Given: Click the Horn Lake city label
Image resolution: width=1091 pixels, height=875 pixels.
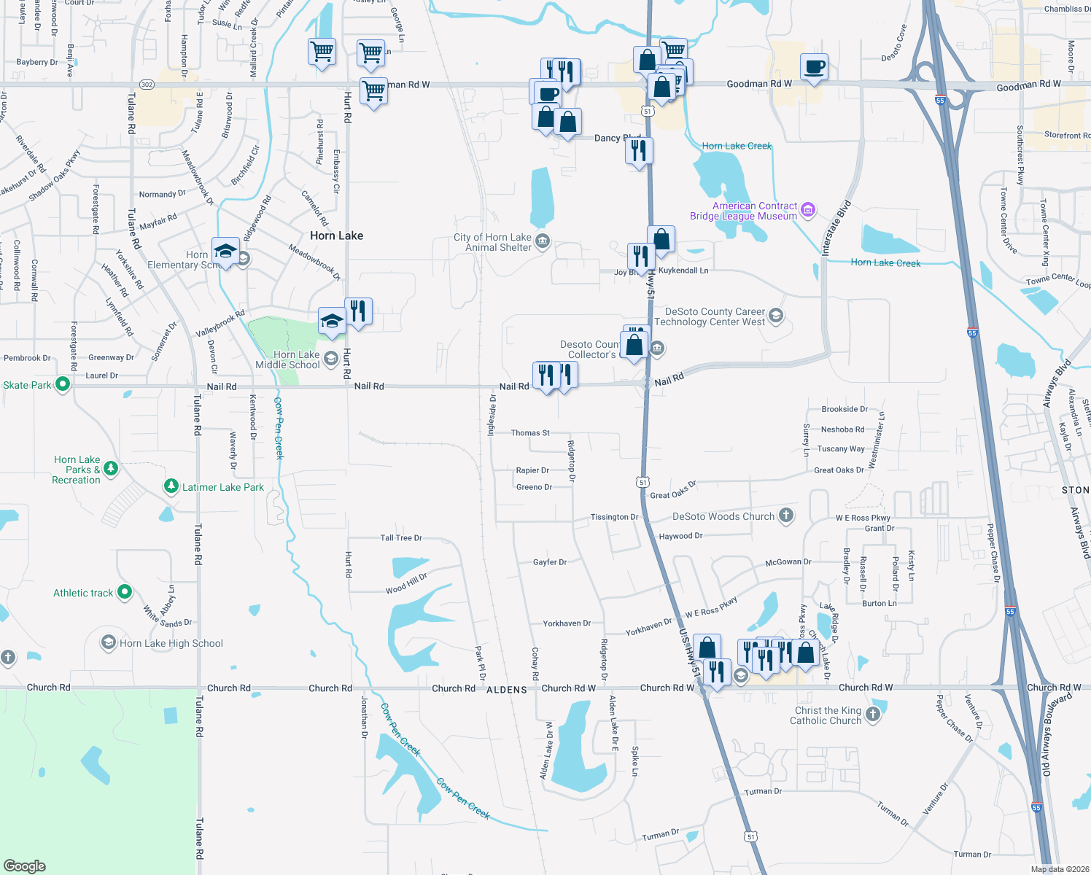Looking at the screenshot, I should [336, 236].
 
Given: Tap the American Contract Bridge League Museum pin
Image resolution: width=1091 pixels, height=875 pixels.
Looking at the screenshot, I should [807, 211].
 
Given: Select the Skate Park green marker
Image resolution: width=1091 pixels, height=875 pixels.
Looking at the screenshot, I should [63, 384].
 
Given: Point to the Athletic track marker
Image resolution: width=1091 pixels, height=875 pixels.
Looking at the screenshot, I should [125, 592].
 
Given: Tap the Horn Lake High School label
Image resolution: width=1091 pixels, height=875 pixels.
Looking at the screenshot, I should [171, 643].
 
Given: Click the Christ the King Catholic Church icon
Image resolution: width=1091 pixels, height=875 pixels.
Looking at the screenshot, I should [873, 715].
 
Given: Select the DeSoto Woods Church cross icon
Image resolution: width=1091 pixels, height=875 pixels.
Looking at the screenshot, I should [785, 516].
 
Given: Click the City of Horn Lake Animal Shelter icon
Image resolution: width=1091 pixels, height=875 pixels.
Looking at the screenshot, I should [542, 241].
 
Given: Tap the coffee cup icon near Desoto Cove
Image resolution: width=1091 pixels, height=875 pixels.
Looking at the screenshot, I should [814, 68].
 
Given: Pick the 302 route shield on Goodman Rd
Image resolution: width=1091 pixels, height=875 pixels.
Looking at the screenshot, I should [147, 85].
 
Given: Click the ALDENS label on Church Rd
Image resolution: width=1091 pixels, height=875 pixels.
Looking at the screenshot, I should [506, 690].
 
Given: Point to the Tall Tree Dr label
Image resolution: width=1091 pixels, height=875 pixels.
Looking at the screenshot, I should [401, 538].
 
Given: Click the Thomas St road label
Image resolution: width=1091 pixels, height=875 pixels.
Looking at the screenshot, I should [530, 433].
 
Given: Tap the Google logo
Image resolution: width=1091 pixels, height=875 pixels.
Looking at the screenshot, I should [25, 866].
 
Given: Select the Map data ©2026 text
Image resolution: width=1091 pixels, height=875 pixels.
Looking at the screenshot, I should [1057, 869].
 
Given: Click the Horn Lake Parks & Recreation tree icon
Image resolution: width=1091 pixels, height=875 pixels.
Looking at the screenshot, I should [111, 469].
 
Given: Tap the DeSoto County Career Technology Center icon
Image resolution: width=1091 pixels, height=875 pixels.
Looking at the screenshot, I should [776, 316].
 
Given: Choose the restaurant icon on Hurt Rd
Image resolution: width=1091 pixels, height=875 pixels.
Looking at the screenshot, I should [358, 311].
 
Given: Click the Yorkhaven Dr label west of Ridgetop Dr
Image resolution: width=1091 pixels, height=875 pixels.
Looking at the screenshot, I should [567, 623].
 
